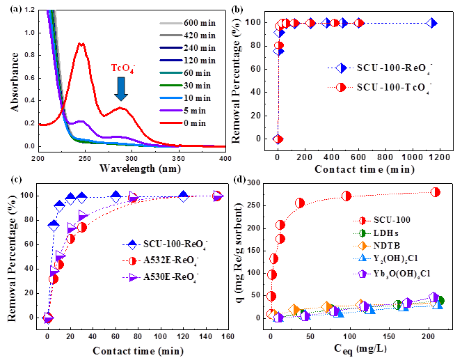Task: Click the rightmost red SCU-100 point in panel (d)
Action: pyautogui.click(x=436, y=192)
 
